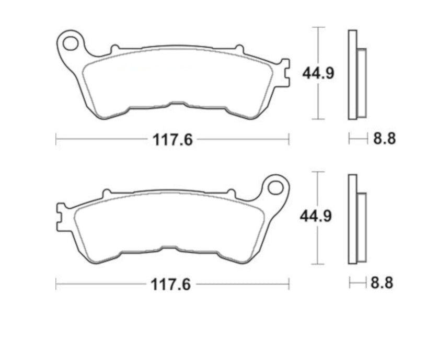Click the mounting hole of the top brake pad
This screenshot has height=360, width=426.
pyautogui.click(x=70, y=41)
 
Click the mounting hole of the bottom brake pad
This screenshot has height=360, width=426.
pyautogui.click(x=275, y=186)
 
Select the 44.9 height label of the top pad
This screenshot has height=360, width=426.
pyautogui.click(x=318, y=74)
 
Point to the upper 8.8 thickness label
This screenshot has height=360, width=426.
pyautogui.click(x=384, y=139)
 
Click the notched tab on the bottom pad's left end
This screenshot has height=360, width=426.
pyautogui.click(x=60, y=217)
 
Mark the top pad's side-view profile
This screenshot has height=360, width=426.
pyautogui.click(x=357, y=75)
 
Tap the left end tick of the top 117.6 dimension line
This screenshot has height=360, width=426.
pyautogui.click(x=56, y=139)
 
